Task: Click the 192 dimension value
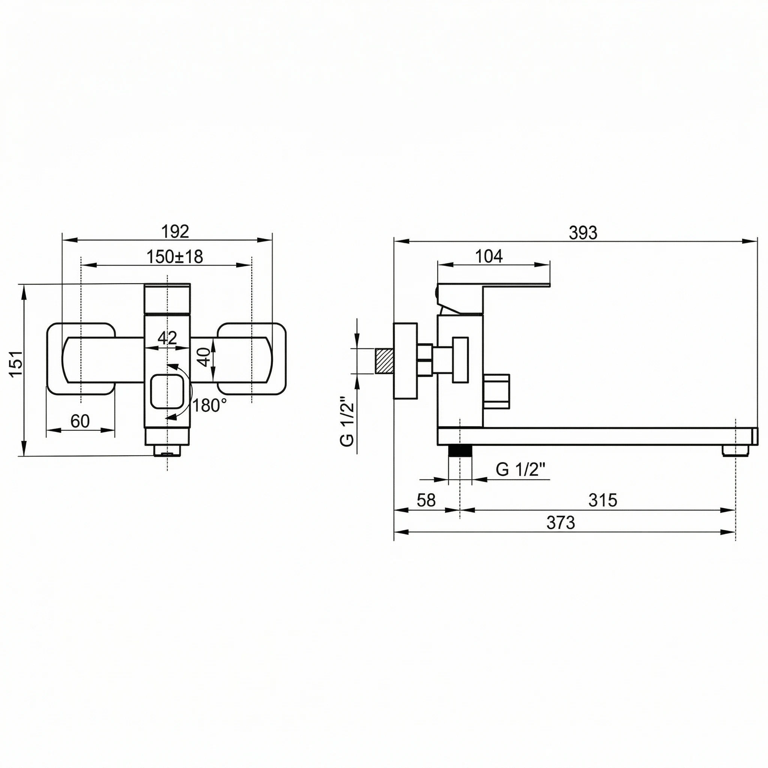[175, 231]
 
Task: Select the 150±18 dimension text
[175, 257]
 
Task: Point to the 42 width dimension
[167, 337]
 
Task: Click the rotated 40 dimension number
[204, 357]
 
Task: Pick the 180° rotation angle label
[210, 405]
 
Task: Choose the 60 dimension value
[80, 421]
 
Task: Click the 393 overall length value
[583, 233]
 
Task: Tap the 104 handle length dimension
[489, 256]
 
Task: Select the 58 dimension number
[426, 500]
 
